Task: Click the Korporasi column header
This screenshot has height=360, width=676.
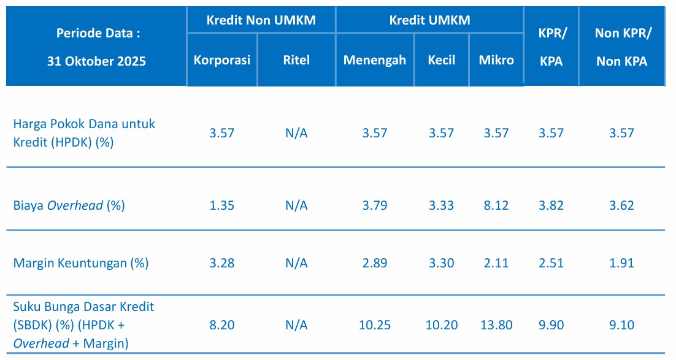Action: click(221, 60)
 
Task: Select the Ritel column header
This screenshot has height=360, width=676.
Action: click(296, 60)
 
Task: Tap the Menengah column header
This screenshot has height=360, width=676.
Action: click(374, 60)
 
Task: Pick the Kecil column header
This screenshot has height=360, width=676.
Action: click(442, 60)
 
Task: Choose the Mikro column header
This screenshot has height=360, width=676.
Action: click(496, 60)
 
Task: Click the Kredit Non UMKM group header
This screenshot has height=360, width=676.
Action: click(261, 20)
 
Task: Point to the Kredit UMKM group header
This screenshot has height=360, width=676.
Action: click(429, 20)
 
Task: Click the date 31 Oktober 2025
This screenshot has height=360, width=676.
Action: click(97, 61)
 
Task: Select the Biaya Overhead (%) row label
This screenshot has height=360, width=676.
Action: click(69, 205)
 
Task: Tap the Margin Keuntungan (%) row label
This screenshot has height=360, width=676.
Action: click(81, 263)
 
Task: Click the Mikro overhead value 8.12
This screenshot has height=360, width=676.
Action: click(496, 205)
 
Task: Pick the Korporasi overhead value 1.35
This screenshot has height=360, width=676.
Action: click(221, 205)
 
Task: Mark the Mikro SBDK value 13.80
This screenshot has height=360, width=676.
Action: click(496, 325)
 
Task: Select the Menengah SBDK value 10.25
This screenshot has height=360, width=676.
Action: click(374, 325)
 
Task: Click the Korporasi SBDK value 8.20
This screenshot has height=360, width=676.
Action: click(221, 325)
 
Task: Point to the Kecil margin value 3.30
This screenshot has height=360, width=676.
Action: click(442, 263)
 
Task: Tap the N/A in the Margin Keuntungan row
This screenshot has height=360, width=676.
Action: click(296, 263)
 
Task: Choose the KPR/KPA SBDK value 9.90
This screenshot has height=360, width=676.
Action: click(551, 325)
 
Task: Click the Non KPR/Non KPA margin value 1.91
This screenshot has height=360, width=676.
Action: click(621, 263)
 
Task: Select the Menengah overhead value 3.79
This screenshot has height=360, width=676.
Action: click(374, 205)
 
